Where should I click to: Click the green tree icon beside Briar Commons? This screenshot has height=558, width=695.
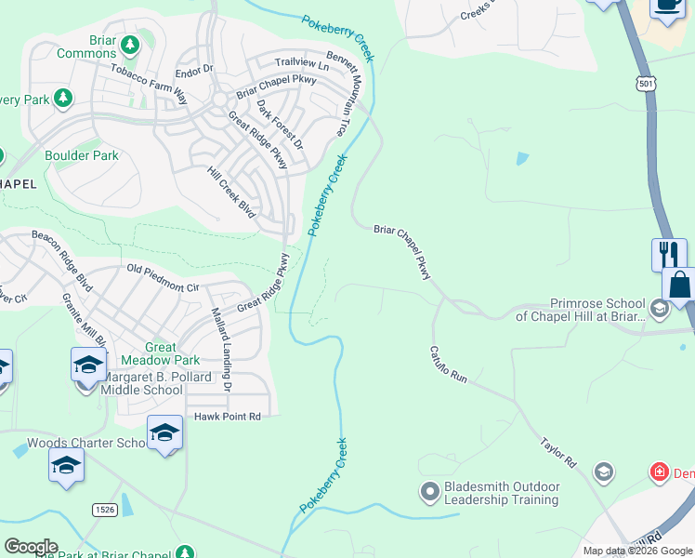pos(131,44)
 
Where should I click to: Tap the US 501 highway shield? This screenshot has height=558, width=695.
pos(645,84)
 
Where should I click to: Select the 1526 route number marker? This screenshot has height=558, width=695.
pos(104,509)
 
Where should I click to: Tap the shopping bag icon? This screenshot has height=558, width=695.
pos(680,284)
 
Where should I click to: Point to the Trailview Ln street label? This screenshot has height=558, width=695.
pos(301,65)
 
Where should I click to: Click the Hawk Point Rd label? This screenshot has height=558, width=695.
pos(228,417)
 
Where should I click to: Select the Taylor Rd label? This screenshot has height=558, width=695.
pos(558,449)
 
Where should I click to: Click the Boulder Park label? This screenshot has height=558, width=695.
pos(82,155)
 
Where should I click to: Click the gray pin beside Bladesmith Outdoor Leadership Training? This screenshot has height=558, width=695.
pos(429,490)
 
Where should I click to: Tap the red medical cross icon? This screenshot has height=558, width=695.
pos(660,472)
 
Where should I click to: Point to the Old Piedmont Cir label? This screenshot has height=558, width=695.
pos(164,278)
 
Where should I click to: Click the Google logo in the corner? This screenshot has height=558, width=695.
pos(31,547)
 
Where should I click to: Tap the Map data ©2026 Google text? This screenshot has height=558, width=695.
pos(637,551)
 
